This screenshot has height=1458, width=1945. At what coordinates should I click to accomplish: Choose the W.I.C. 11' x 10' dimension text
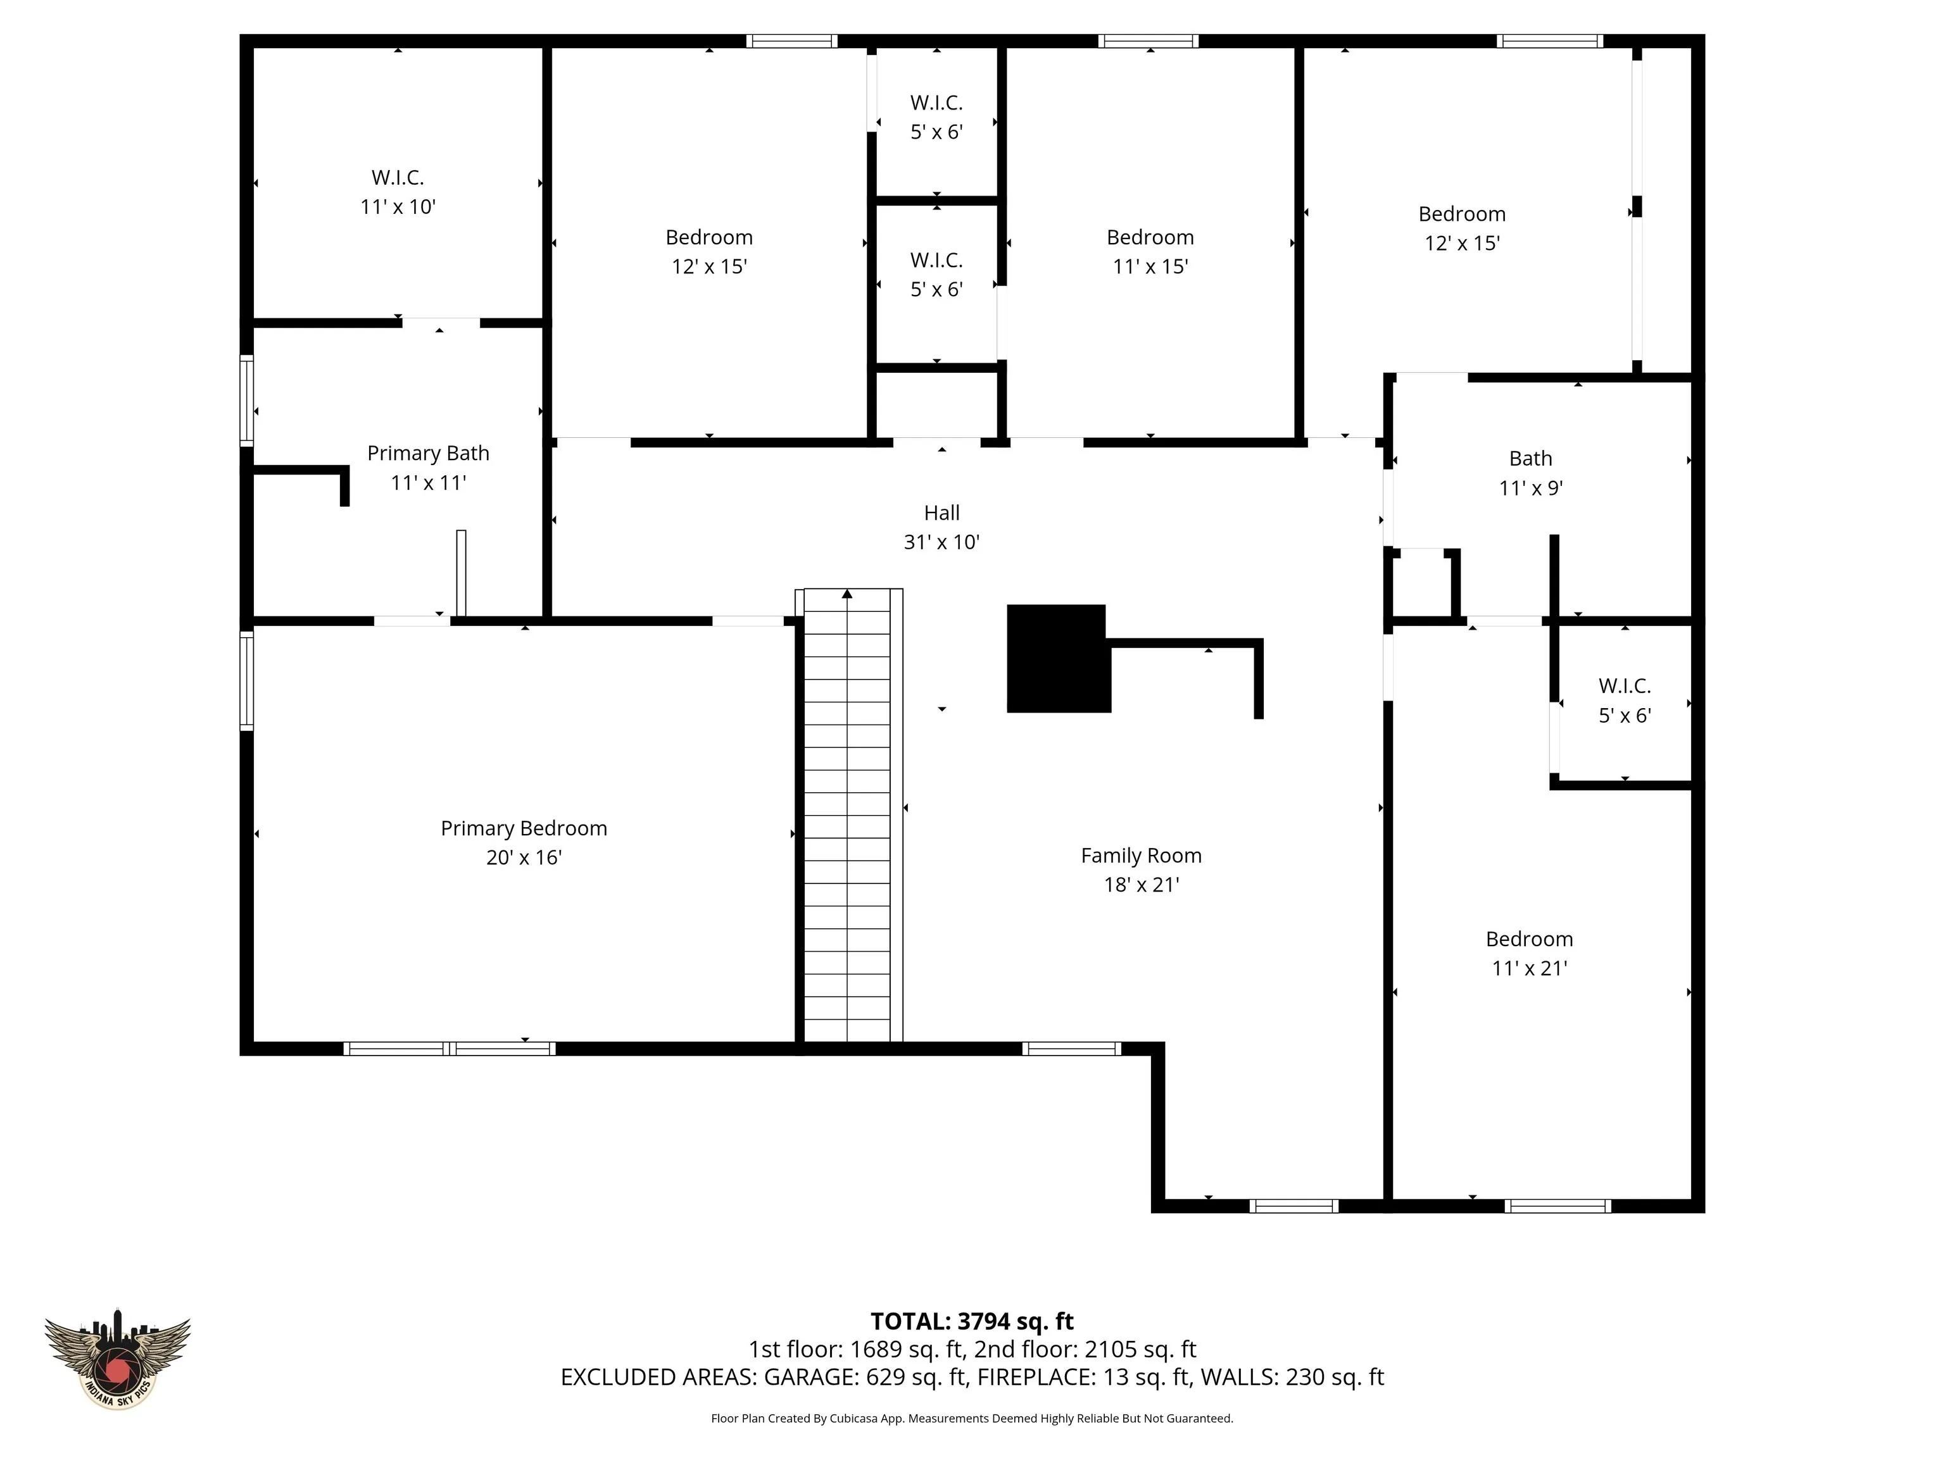tap(398, 206)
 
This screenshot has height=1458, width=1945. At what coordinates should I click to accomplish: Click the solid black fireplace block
tap(1058, 658)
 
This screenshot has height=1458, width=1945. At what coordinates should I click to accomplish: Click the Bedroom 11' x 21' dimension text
tap(1529, 968)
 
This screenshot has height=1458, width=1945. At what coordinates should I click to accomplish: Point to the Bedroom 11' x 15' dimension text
tap(1150, 266)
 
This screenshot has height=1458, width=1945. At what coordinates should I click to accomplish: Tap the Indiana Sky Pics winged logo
tap(117, 1358)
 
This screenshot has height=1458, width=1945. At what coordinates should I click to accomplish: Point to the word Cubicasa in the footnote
tap(855, 1419)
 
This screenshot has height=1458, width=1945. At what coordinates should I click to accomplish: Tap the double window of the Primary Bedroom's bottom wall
tap(450, 1049)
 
